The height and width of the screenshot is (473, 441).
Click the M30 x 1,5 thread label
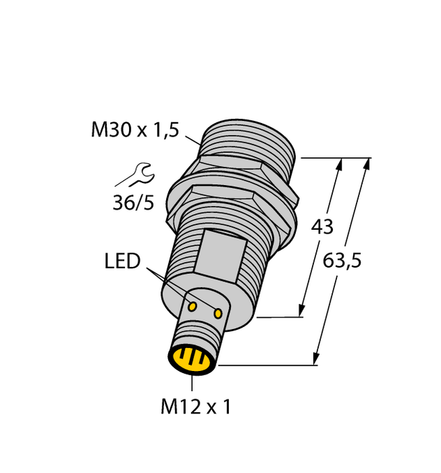[135, 130]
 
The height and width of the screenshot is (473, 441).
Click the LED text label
[122, 261]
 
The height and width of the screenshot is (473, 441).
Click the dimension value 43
[321, 226]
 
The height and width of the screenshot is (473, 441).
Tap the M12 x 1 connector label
[195, 407]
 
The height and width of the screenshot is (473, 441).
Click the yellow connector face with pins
[191, 360]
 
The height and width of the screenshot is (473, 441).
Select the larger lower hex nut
[230, 203]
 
